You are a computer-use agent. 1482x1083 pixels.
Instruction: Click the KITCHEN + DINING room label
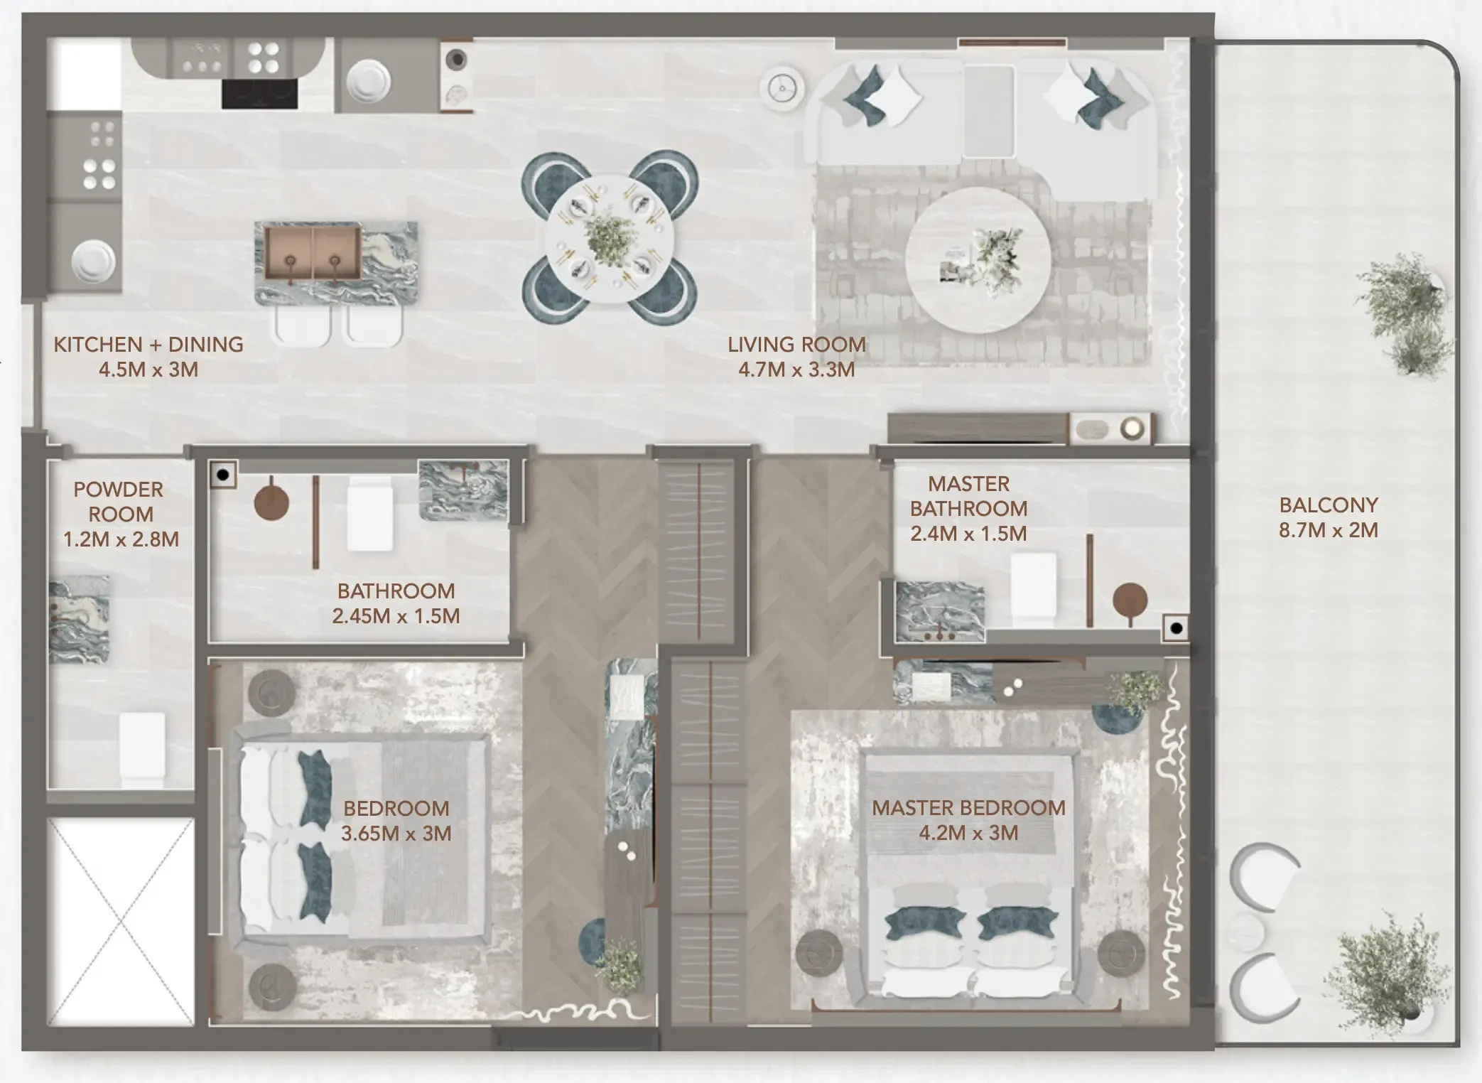(x=148, y=345)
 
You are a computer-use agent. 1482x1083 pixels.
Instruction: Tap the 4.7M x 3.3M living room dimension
(x=796, y=370)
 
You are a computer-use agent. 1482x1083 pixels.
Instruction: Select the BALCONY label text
(x=1328, y=505)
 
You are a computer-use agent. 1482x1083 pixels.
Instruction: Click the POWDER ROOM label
(x=119, y=502)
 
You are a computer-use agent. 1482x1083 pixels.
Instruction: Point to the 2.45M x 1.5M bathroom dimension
(x=396, y=616)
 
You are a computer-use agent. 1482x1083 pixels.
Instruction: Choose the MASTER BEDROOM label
(x=968, y=808)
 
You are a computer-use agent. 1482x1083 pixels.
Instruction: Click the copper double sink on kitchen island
(x=313, y=252)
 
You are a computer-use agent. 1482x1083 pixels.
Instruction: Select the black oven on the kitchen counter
(x=259, y=94)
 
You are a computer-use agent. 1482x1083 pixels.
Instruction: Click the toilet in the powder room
(x=142, y=746)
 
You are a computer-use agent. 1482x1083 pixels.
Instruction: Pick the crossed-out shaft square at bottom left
(x=121, y=922)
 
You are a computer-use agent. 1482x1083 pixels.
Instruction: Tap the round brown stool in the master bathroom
(x=1129, y=601)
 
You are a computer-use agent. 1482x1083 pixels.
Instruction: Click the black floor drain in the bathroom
(x=223, y=475)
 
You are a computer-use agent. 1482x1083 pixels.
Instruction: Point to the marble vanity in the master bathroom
(x=939, y=611)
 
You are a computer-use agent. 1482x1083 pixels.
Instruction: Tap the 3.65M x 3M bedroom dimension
(x=396, y=834)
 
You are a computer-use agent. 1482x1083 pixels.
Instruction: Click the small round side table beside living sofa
(x=782, y=88)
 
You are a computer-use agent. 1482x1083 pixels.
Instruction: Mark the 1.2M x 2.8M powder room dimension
(x=121, y=539)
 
